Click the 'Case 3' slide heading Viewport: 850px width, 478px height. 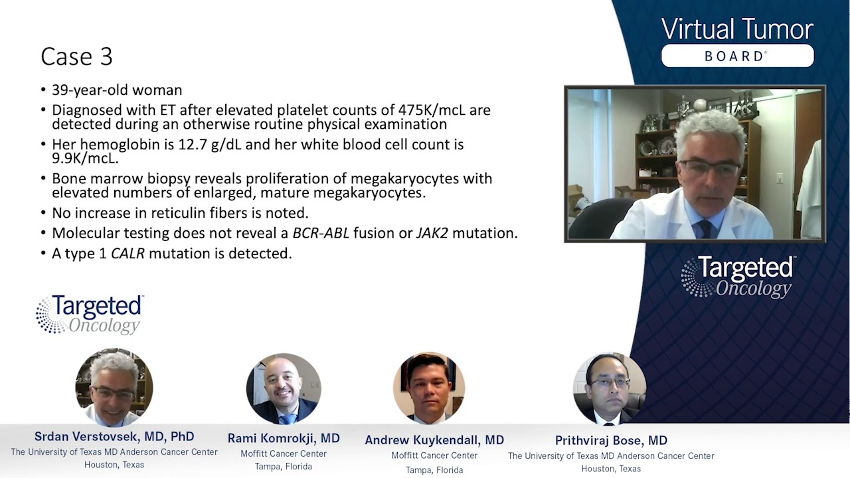[x=76, y=57]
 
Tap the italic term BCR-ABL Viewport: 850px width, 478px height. [x=321, y=233]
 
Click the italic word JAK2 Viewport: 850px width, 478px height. [x=433, y=233]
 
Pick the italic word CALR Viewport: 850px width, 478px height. [x=127, y=253]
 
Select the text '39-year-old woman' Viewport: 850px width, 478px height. [x=117, y=90]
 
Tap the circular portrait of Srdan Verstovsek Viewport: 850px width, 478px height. [x=114, y=387]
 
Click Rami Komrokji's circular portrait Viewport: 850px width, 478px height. [x=284, y=388]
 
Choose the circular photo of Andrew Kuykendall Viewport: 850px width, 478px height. [x=429, y=388]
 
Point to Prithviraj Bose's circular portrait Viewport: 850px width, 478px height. [x=610, y=388]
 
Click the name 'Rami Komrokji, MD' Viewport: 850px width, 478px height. [x=284, y=438]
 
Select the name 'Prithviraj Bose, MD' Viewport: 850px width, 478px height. [x=611, y=440]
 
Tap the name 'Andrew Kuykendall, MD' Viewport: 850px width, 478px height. [x=434, y=440]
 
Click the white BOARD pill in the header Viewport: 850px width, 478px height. [x=737, y=56]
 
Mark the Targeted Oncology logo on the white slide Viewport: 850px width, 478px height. [x=90, y=315]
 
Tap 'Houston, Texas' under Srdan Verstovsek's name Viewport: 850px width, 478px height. [x=114, y=465]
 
